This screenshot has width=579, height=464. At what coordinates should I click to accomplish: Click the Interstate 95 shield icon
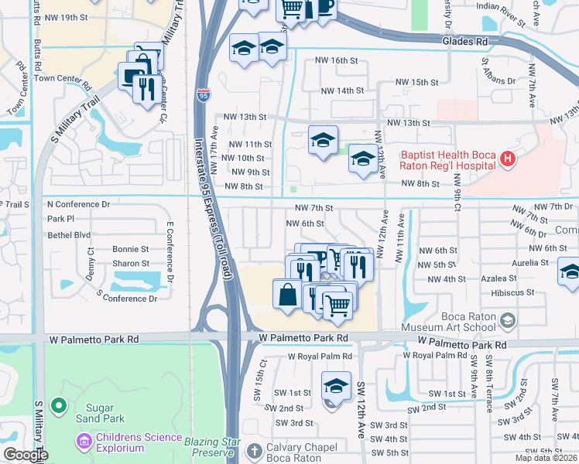[x=203, y=95]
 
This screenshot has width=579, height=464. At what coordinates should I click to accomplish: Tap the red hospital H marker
[x=508, y=160]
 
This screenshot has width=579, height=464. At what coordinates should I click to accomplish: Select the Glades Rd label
[x=464, y=41]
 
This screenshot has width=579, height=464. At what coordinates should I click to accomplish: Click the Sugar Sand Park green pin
[x=57, y=405]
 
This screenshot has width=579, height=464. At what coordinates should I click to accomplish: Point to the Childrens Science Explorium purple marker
[x=83, y=442]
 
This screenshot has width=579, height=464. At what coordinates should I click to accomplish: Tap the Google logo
[x=26, y=455]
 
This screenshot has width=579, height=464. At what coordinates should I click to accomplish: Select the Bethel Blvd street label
[x=69, y=235]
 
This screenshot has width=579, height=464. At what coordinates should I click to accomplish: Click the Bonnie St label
[x=130, y=250]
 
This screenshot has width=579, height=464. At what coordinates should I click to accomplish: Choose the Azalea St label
[x=498, y=278]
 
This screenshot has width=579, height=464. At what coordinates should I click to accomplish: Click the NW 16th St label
[x=335, y=60]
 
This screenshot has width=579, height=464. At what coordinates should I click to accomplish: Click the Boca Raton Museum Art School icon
[x=508, y=320]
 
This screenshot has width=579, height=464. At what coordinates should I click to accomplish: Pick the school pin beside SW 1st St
[x=336, y=385]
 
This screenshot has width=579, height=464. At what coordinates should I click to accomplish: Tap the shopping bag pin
[x=287, y=295]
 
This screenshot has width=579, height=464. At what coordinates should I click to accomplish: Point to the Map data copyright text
[x=546, y=458]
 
